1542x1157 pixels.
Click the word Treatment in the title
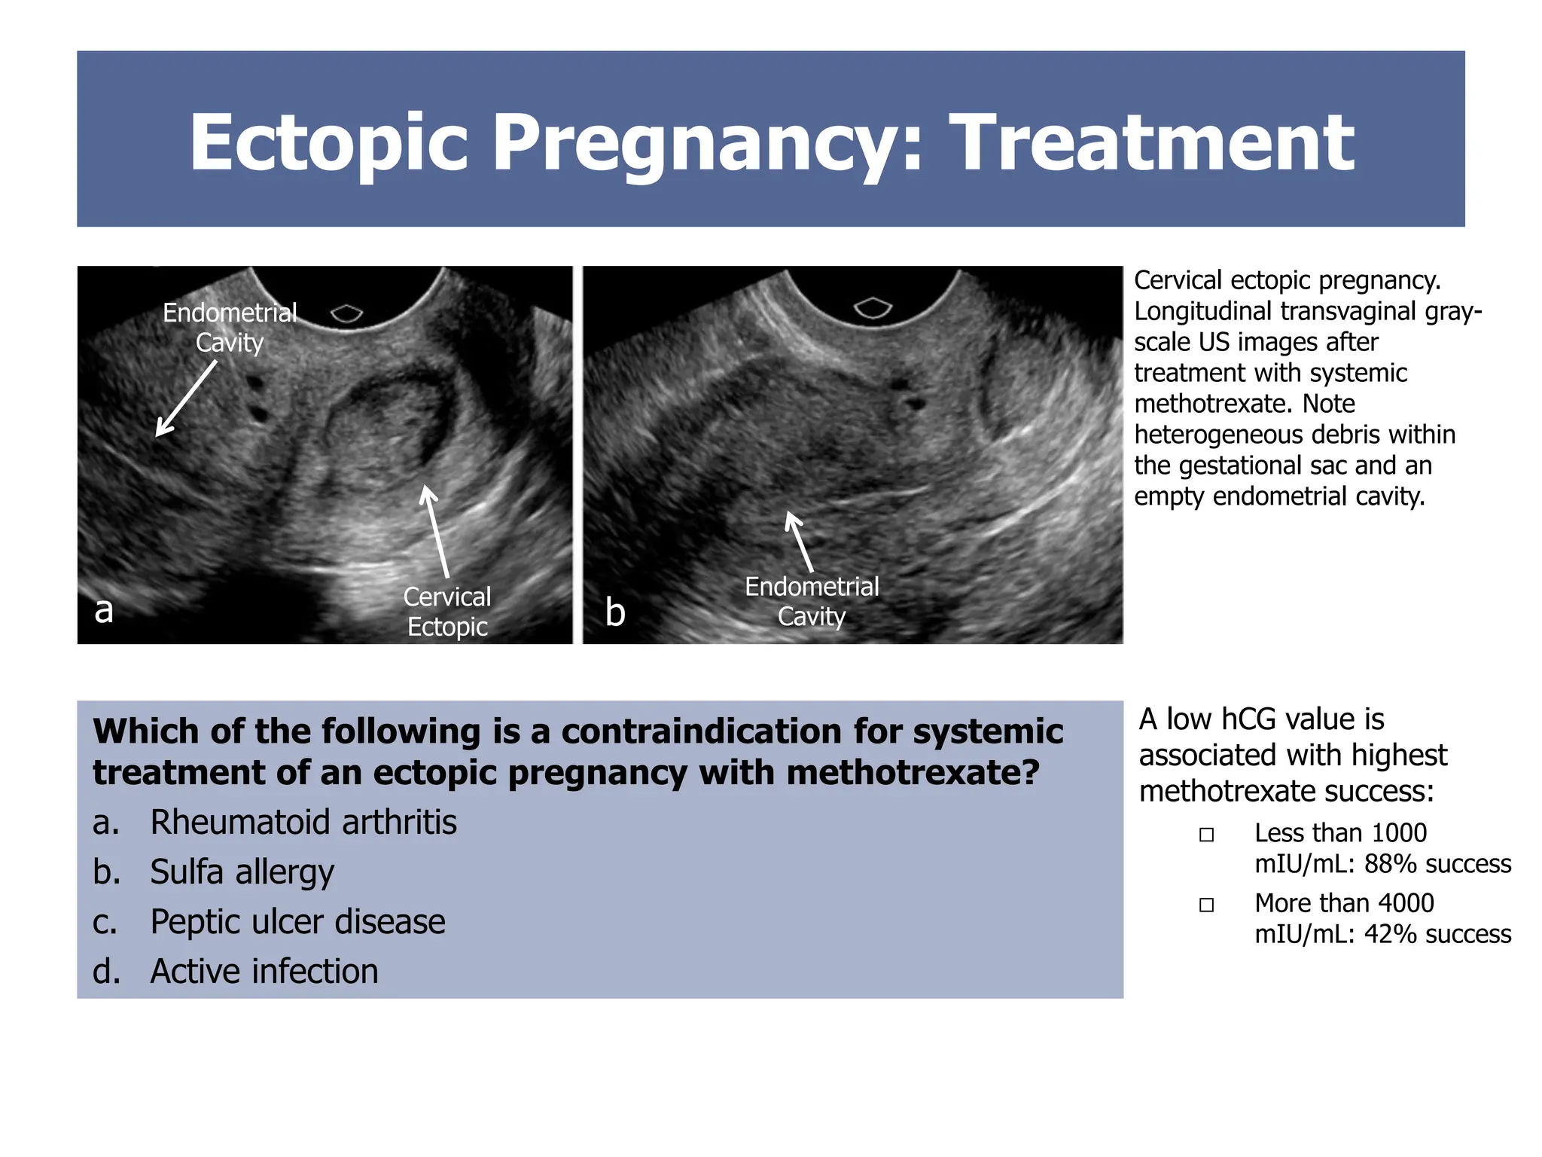tap(1151, 142)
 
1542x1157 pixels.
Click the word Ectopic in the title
tap(329, 142)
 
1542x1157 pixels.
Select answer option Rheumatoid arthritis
tap(303, 822)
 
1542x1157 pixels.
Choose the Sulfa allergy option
tap(242, 872)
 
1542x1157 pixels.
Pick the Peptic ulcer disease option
tap(297, 921)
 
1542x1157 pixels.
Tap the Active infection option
tap(264, 971)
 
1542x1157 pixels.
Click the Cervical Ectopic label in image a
tap(447, 611)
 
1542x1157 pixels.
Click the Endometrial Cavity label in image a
tap(230, 327)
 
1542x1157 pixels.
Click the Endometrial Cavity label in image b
tap(812, 601)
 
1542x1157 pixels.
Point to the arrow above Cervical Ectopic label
tap(437, 530)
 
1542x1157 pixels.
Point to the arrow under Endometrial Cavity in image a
tap(185, 398)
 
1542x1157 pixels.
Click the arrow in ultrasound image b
tap(799, 541)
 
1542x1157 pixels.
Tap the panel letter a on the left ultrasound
tap(104, 609)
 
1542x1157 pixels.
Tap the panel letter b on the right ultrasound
tap(615, 612)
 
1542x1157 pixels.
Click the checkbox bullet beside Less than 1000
tap(1206, 835)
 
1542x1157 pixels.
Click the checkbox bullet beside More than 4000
tap(1206, 905)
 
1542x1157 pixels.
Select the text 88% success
tap(1437, 864)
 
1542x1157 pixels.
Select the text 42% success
tap(1437, 934)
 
